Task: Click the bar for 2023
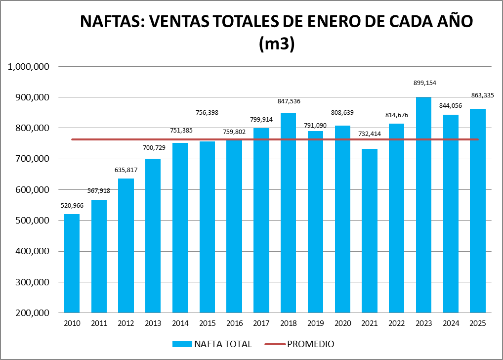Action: coord(423,205)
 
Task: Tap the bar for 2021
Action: coord(370,230)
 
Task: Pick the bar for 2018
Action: coord(288,213)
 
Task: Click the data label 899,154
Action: coord(424,83)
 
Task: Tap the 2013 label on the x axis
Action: coord(153,323)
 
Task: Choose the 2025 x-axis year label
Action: coord(477,323)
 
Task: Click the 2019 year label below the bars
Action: coord(315,323)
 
